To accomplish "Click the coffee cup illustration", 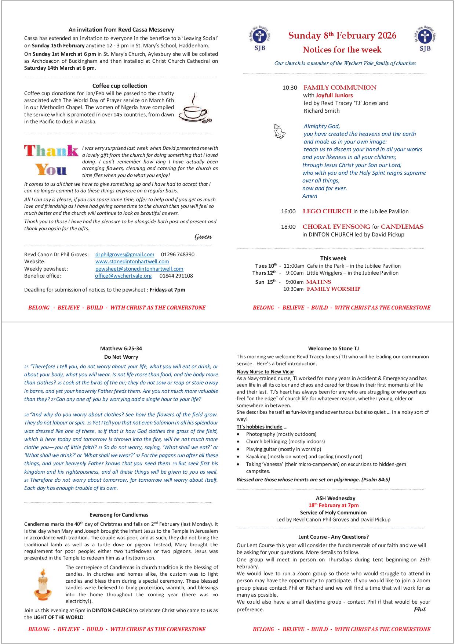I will click(195, 108).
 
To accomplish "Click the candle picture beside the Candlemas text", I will click(43, 584).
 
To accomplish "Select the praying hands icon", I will click(279, 131).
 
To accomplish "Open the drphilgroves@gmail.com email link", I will click(125, 254).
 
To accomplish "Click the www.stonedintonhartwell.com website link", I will click(132, 261).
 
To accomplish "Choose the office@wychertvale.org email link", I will click(123, 276).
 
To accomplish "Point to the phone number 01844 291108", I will click(176, 276).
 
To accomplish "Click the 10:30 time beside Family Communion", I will click(290, 88).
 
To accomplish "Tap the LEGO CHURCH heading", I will click(327, 211).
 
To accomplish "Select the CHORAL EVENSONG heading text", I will click(336, 227).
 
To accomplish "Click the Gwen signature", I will click(203, 236).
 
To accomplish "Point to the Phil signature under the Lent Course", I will click(420, 609).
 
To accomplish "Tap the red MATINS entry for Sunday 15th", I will click(318, 282).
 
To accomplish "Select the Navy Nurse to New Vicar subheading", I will click(265, 372).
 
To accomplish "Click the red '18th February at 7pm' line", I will click(333, 505).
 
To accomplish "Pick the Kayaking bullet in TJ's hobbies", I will click(304, 456).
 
